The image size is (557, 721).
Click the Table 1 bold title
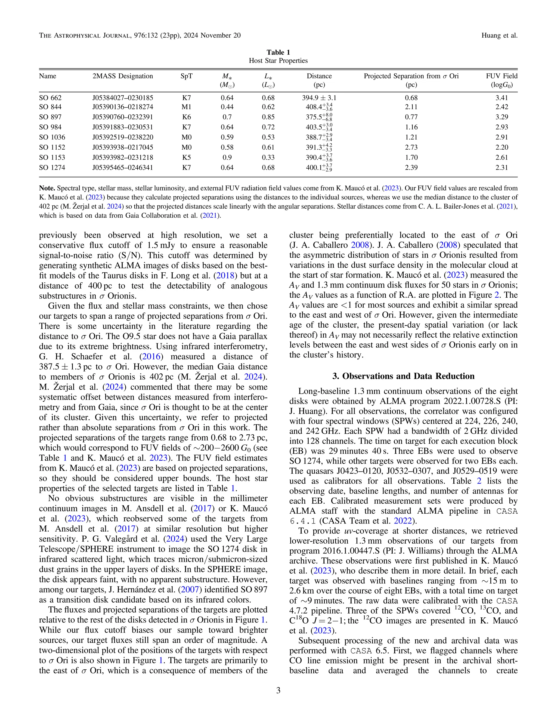point(278,53)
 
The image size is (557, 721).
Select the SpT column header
point(186,76)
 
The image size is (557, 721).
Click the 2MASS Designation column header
point(123,76)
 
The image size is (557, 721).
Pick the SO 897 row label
point(50,117)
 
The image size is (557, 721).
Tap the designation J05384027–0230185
point(123,98)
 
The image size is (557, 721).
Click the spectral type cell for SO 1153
point(186,158)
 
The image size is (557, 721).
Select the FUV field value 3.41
point(502,98)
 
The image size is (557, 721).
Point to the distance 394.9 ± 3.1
point(319,98)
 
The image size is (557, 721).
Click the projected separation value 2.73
point(411,147)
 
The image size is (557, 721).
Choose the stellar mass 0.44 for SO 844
point(227,107)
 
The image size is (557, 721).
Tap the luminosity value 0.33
point(268,158)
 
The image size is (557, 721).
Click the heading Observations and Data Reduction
point(403,376)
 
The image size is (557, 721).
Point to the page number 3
point(278,690)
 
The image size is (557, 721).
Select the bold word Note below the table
point(47,188)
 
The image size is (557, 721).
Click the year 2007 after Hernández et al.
point(190,590)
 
